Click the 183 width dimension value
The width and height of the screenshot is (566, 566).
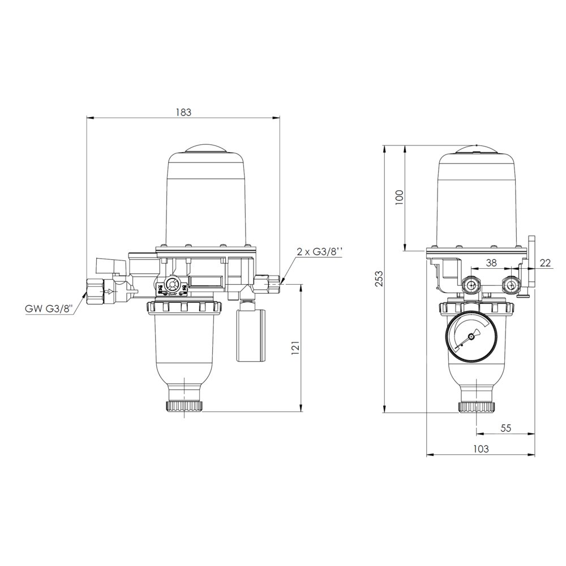pos(183,112)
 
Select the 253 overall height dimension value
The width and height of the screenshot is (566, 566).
pos(379,278)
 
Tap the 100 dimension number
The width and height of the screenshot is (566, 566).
pos(399,198)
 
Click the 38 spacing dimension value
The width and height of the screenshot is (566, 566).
pos(491,263)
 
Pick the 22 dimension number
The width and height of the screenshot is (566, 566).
pos(546,263)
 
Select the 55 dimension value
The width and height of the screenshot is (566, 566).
pos(506,428)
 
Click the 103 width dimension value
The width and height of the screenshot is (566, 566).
pos(481,449)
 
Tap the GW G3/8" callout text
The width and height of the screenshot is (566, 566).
pos(49,309)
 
